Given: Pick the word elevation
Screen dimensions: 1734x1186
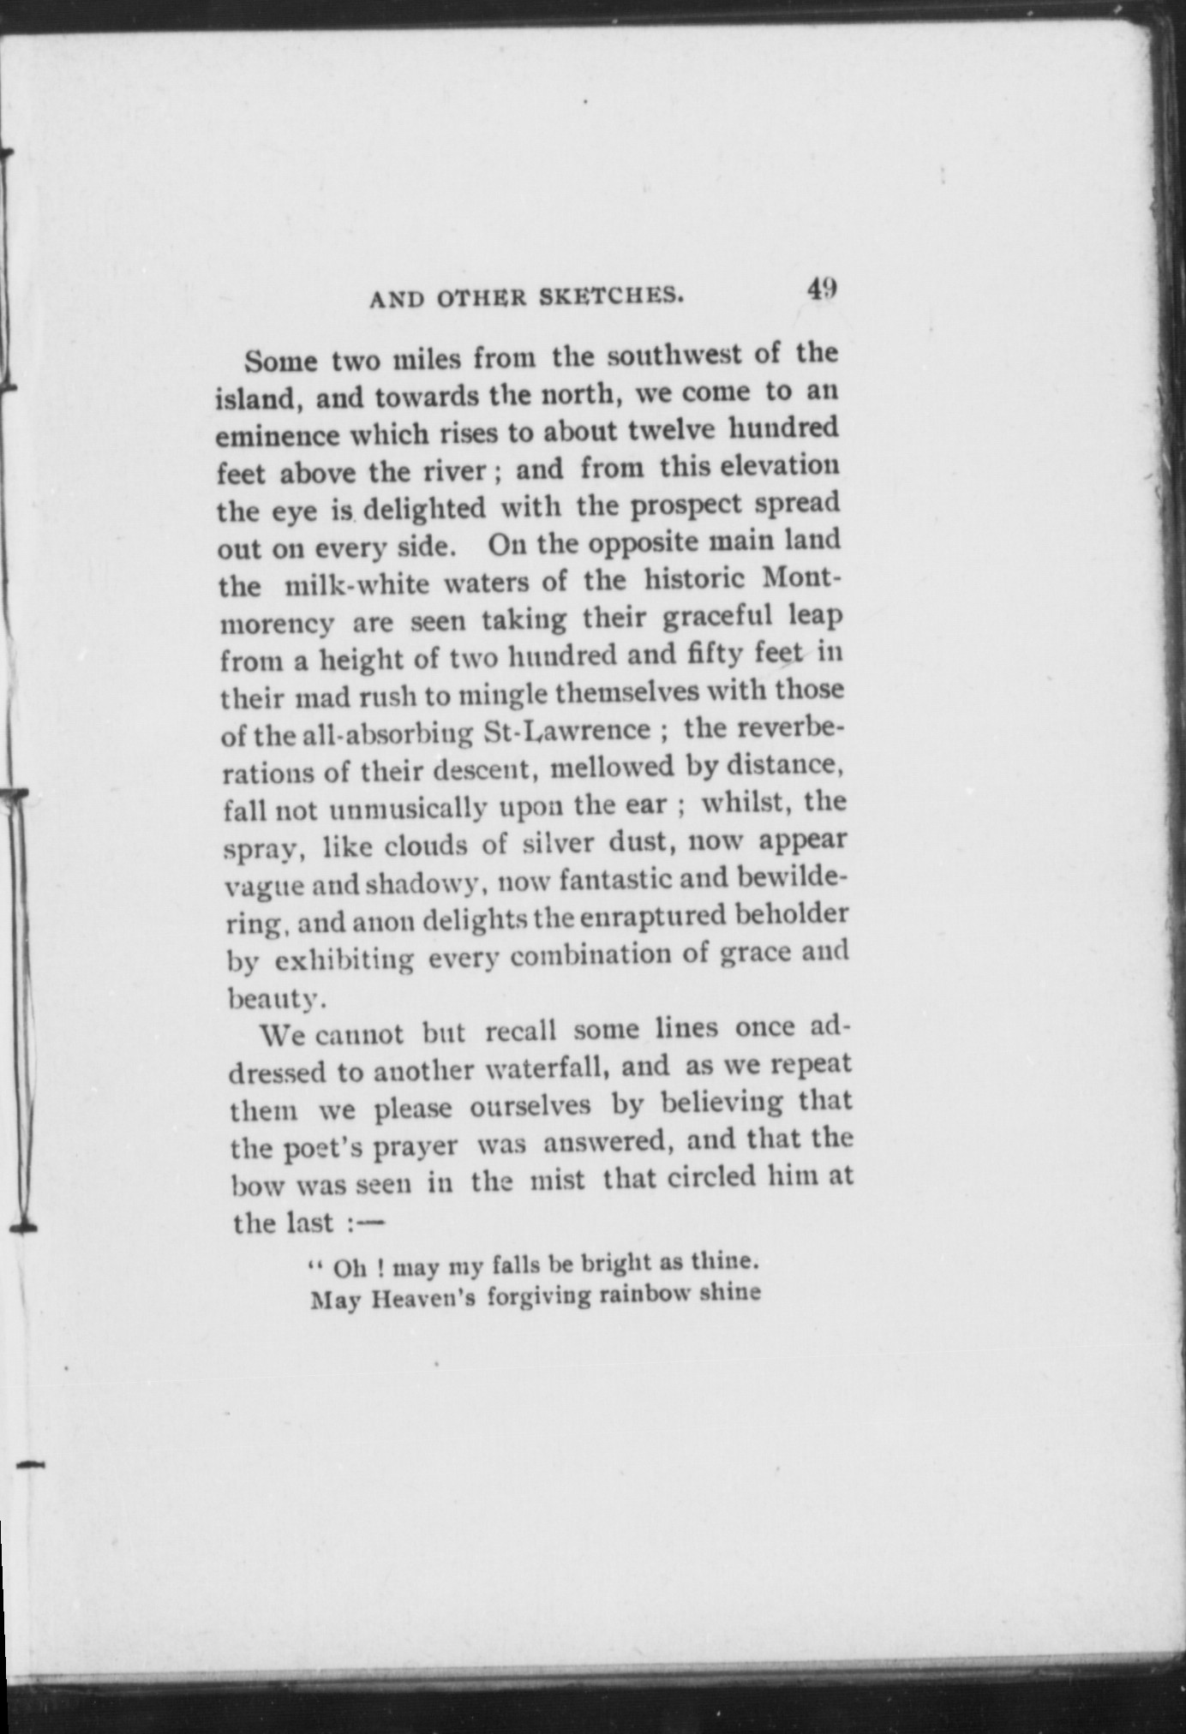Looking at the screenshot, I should point(779,467).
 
